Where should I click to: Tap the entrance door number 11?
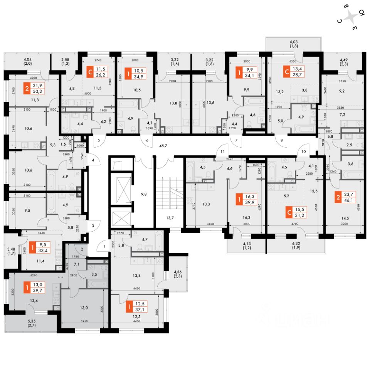222,151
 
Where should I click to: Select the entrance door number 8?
282,141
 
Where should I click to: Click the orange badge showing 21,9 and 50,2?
33,88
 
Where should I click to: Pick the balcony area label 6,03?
294,43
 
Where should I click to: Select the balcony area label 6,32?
296,244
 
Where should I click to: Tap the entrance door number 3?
93,224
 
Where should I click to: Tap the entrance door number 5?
99,141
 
